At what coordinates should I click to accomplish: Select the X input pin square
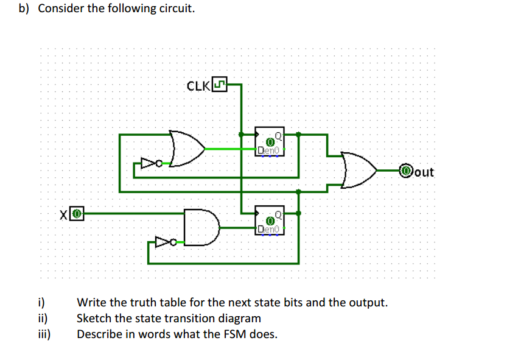pyautogui.click(x=76, y=214)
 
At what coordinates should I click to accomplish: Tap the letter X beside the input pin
pyautogui.click(x=64, y=214)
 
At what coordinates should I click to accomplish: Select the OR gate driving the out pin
pyautogui.click(x=359, y=171)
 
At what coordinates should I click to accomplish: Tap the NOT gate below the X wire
pyautogui.click(x=164, y=243)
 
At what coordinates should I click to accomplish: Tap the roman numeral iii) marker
pyautogui.click(x=43, y=334)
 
